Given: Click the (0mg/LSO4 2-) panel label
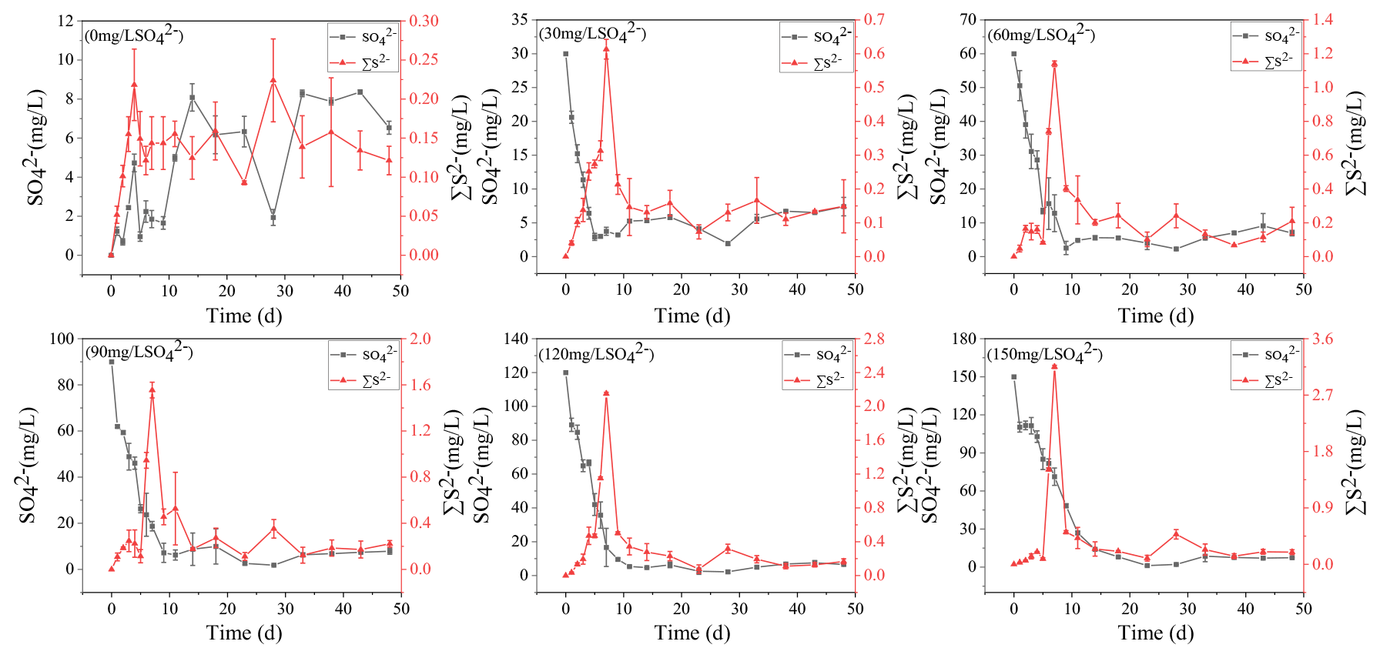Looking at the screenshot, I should (x=134, y=35).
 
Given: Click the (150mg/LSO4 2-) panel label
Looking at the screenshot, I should (x=1045, y=354).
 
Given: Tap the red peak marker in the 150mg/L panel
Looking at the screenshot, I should (x=1054, y=366).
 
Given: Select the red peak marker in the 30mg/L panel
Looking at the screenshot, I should (x=606, y=48).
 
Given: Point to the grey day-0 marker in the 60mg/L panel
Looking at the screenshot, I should (x=1013, y=54).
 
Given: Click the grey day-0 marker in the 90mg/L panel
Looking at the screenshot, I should (x=112, y=362).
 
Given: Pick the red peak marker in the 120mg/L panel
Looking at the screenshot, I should (x=606, y=393).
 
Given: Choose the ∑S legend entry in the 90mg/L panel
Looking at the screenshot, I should (x=363, y=379).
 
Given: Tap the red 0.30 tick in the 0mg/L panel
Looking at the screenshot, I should (x=424, y=21).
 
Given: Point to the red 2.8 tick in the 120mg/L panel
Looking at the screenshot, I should (x=875, y=339).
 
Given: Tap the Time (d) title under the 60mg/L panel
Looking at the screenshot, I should (x=1156, y=316).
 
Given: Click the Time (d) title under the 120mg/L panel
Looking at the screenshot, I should (x=692, y=633).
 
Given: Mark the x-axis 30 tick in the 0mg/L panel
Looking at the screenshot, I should (x=285, y=291).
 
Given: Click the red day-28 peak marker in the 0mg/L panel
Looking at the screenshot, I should (x=273, y=80).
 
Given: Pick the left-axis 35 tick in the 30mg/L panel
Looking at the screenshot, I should (x=519, y=20).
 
